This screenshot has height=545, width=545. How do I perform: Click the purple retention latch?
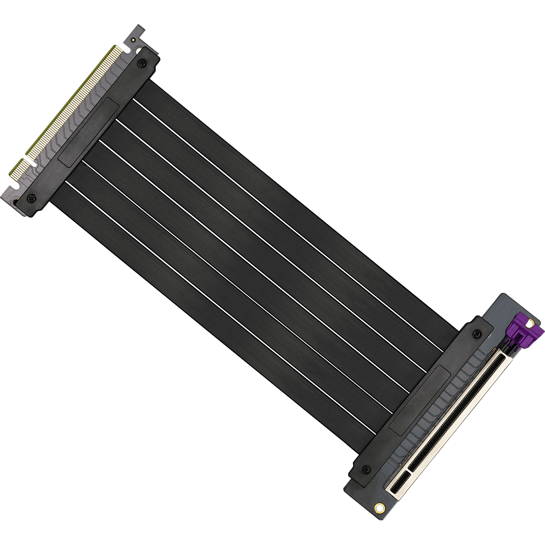(x=524, y=330)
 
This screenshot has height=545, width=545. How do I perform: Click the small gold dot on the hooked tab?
(x=133, y=40)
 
